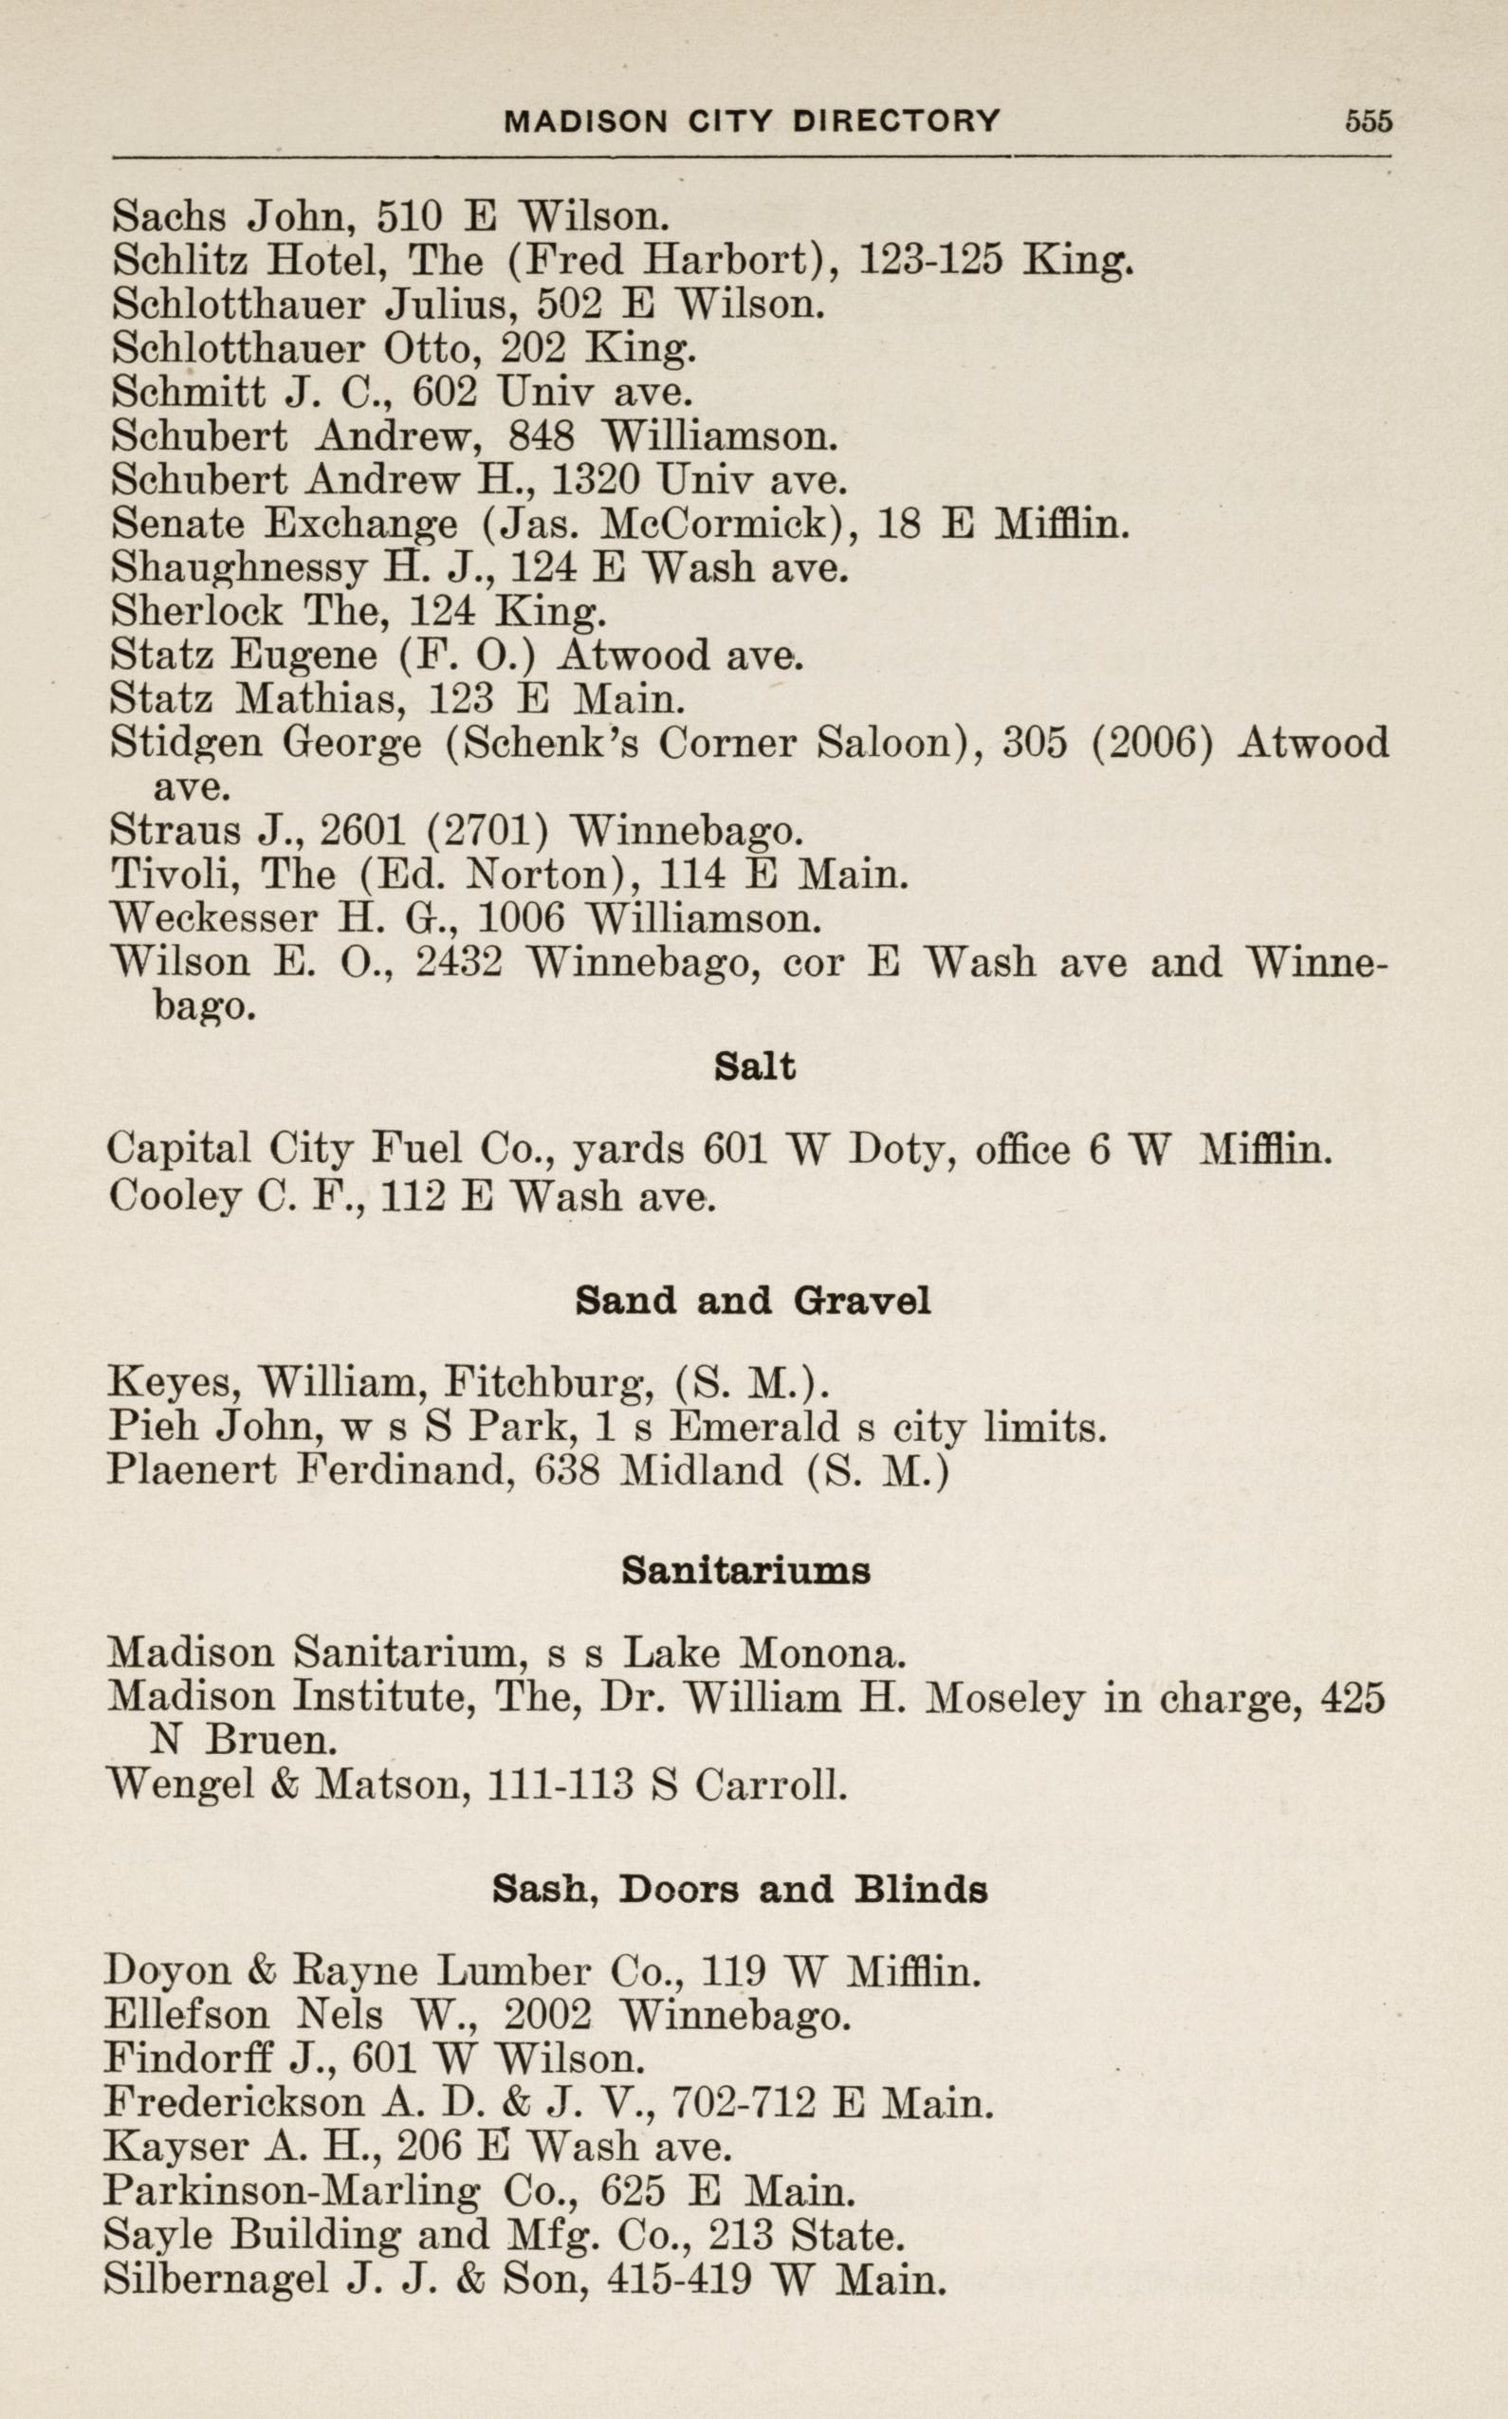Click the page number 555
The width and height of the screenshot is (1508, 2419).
(x=1368, y=120)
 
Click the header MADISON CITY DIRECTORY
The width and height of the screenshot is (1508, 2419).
(x=752, y=120)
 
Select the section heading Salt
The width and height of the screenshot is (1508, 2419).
(x=755, y=1067)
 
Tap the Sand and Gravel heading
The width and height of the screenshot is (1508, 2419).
(x=753, y=1301)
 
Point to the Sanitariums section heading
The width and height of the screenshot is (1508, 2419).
(x=746, y=1571)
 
